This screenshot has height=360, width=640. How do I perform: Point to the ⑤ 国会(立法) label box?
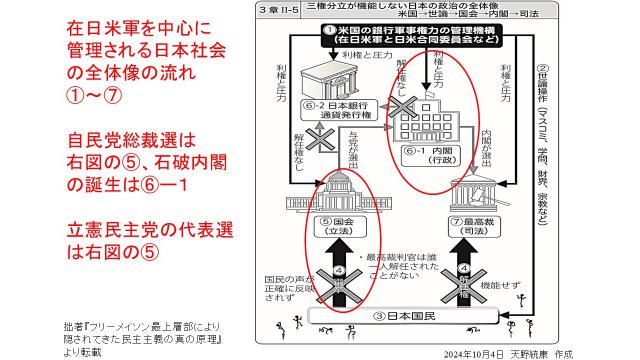341,227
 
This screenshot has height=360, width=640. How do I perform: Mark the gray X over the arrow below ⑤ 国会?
342,273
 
